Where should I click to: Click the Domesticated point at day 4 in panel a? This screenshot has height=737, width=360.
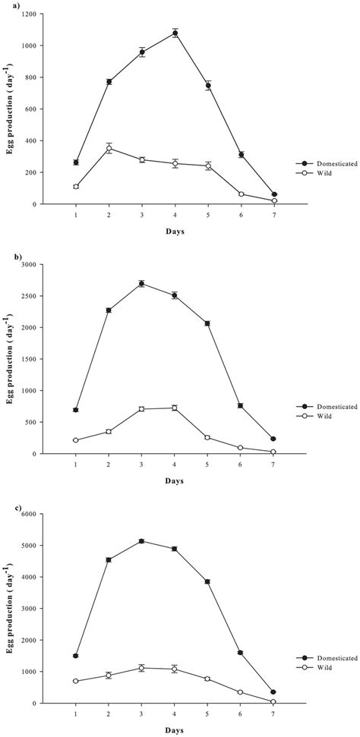[x=175, y=33]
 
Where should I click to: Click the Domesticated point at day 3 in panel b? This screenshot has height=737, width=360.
[x=142, y=283]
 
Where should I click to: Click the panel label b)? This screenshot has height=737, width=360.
[x=9, y=257]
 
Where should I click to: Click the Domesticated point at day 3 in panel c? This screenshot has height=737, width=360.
[x=142, y=541]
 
